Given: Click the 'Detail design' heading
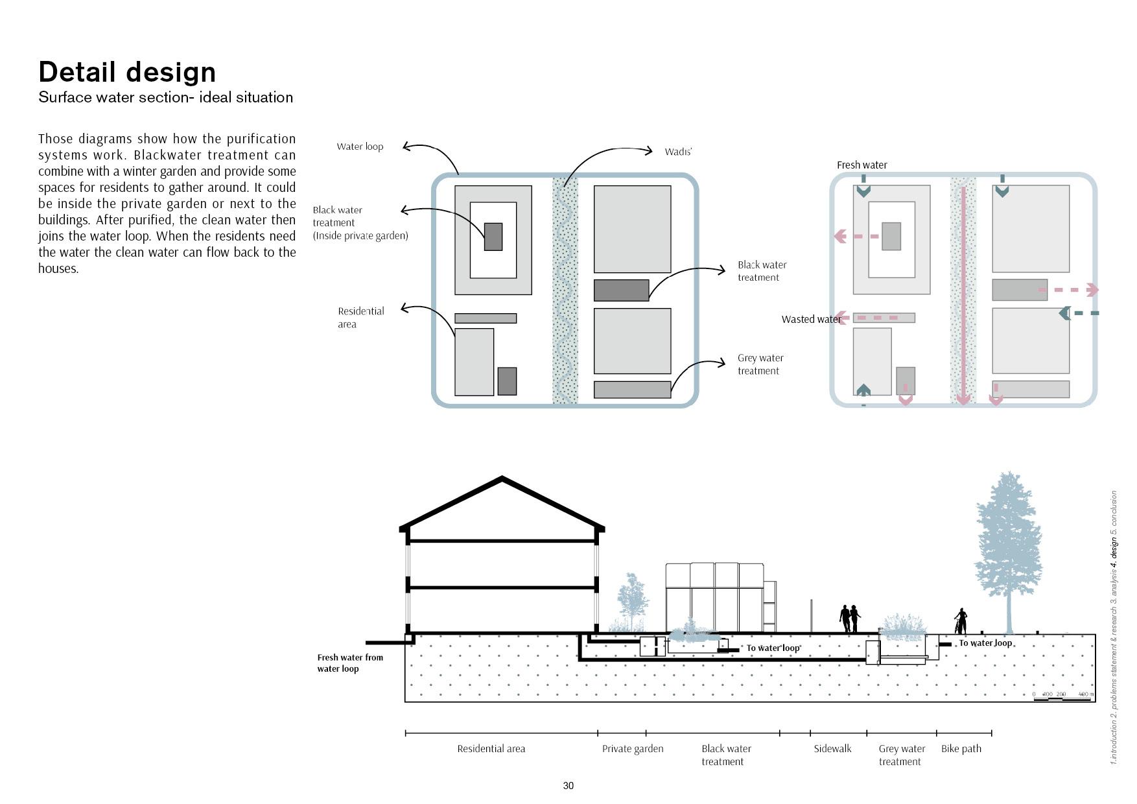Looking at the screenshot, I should point(127,72).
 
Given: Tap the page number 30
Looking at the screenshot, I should point(568,785).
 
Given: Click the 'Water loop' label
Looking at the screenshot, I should point(360,147).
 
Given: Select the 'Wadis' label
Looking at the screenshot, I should point(678,152).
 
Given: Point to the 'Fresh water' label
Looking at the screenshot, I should point(862,165).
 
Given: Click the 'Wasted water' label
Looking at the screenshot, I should point(810,319).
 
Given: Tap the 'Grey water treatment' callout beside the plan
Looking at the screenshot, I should point(760,364).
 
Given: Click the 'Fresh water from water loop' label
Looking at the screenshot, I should point(350,663).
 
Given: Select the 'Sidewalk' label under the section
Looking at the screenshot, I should point(832,748).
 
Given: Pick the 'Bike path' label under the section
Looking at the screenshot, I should point(961,748).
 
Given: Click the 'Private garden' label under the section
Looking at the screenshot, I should point(633,748).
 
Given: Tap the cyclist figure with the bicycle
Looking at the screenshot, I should point(960,622).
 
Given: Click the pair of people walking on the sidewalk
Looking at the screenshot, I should point(850,619).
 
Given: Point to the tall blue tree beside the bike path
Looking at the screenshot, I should point(1008,545).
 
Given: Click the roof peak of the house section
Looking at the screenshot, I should point(502,480).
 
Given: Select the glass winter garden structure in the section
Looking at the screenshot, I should point(715,597).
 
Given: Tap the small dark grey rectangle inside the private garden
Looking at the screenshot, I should point(493,237).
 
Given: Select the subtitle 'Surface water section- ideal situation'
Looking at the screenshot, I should point(165,97).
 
